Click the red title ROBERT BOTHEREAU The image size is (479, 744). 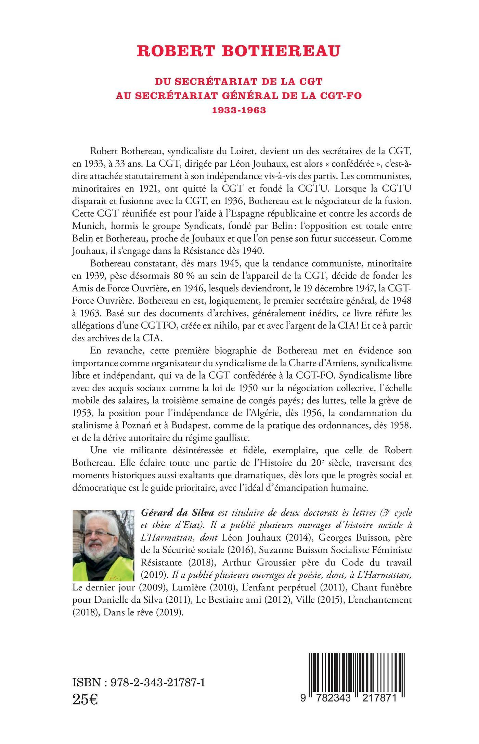point(239,51)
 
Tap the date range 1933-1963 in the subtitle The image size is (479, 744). point(239,110)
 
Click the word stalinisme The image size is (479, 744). point(93,426)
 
